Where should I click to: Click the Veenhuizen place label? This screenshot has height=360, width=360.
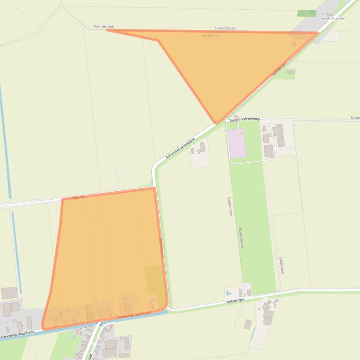[333, 18]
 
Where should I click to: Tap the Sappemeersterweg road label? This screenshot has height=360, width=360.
[244, 119]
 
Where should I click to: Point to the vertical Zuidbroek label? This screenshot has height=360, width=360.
[281, 265]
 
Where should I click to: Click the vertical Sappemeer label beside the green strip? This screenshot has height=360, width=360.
[230, 206]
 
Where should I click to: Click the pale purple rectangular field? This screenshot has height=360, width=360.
[236, 144]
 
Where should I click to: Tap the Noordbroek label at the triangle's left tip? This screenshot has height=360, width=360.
[103, 27]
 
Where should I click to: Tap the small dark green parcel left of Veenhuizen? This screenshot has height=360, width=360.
[307, 13]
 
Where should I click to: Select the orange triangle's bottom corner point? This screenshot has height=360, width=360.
[216, 123]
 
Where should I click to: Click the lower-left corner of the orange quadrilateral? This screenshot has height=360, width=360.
[43, 328]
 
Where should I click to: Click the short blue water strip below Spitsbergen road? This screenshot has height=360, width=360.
[253, 334]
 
